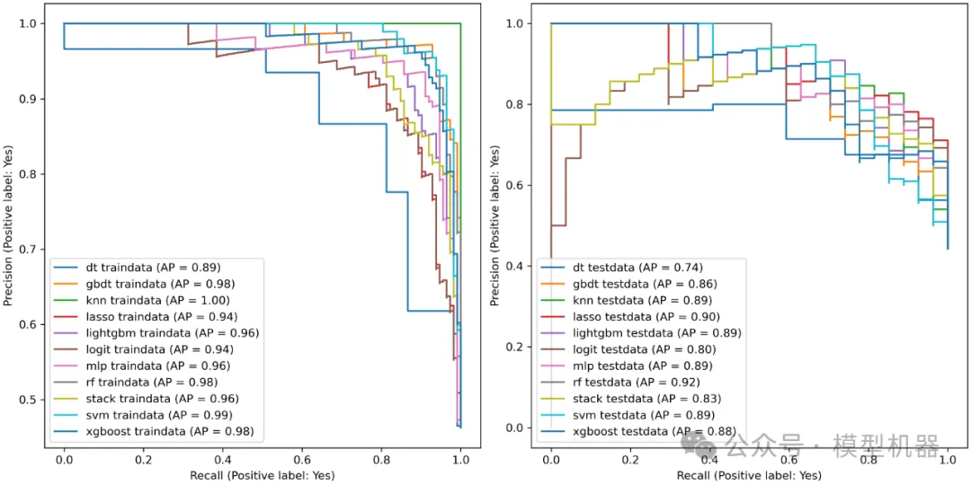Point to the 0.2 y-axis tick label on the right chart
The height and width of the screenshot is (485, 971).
[x=518, y=347]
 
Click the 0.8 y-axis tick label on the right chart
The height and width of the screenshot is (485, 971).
[x=518, y=105]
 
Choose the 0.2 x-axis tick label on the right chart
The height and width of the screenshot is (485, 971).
[x=629, y=459]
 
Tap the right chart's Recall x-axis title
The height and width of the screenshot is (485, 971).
[x=749, y=474]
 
